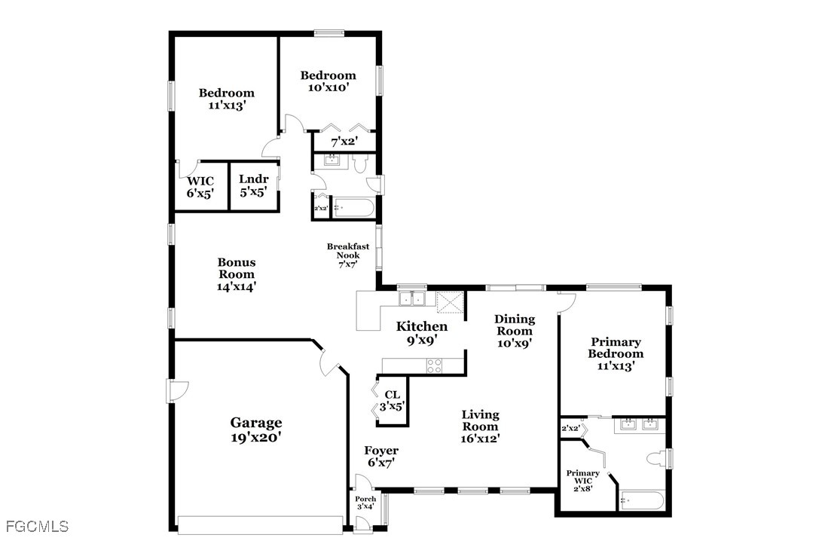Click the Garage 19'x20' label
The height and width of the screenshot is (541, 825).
tap(256, 429)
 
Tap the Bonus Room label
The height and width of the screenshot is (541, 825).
tap(237, 274)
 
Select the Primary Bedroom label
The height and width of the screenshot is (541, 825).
tap(616, 354)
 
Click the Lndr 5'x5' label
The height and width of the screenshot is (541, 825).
tap(254, 185)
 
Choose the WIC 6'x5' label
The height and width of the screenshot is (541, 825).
tap(200, 187)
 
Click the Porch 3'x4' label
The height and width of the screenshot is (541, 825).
tap(365, 503)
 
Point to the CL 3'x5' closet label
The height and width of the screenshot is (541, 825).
tap(392, 400)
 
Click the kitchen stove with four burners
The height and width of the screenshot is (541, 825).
tap(435, 366)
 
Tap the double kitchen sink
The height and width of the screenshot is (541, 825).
tap(411, 299)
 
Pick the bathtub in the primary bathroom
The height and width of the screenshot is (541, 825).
tap(641, 500)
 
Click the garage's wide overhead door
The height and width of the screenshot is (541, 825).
tap(259, 524)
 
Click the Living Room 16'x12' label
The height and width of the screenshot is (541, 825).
tap(480, 426)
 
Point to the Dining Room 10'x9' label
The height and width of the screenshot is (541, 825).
tap(515, 331)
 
